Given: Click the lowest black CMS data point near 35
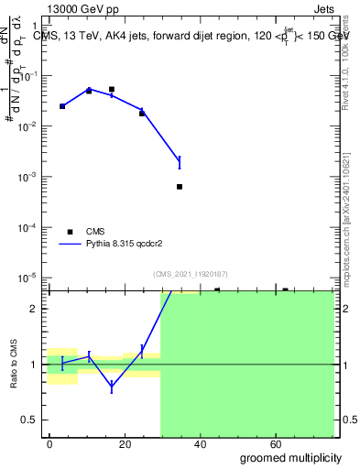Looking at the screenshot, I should tap(180, 187).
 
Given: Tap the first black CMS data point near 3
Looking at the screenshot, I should tap(62, 106).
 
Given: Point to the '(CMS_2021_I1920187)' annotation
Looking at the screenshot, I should tap(191, 274).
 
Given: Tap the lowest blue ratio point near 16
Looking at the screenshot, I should tap(112, 387).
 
